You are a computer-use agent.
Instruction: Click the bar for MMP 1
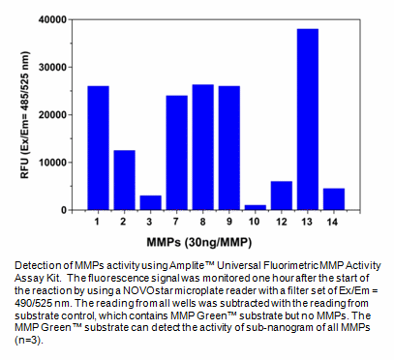point(98,148)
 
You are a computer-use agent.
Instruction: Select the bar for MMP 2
point(124,180)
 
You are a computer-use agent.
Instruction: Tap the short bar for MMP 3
point(150,202)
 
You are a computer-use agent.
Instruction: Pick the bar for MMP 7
point(176,153)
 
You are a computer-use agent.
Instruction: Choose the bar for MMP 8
point(202,147)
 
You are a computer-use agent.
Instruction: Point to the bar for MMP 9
point(229,148)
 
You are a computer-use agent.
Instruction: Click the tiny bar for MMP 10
point(256,207)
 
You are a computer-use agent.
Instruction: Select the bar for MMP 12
point(282,195)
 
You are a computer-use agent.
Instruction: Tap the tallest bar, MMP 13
point(308,120)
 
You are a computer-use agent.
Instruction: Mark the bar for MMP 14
point(334,199)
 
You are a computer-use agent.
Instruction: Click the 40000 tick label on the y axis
point(56,20)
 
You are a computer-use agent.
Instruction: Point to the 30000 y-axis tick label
point(56,68)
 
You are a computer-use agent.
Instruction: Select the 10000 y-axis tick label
point(56,163)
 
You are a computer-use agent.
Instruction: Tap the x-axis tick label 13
point(308,224)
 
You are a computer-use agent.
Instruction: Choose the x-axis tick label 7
point(176,224)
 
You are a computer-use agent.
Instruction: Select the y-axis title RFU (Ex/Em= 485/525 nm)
point(26,114)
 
